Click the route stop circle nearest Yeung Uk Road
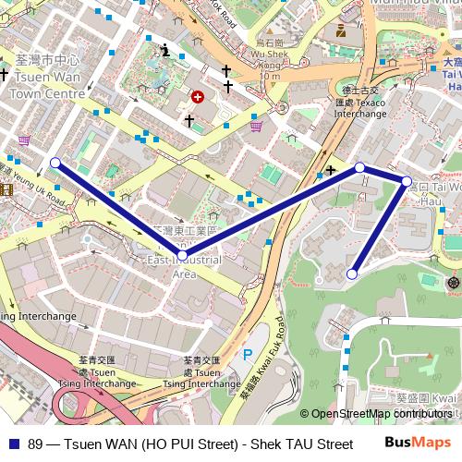[55, 163]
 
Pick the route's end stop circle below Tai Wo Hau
[352, 274]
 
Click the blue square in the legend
[12, 444]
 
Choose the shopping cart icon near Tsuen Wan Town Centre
[23, 140]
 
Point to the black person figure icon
[165, 50]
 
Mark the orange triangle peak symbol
[430, 355]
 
